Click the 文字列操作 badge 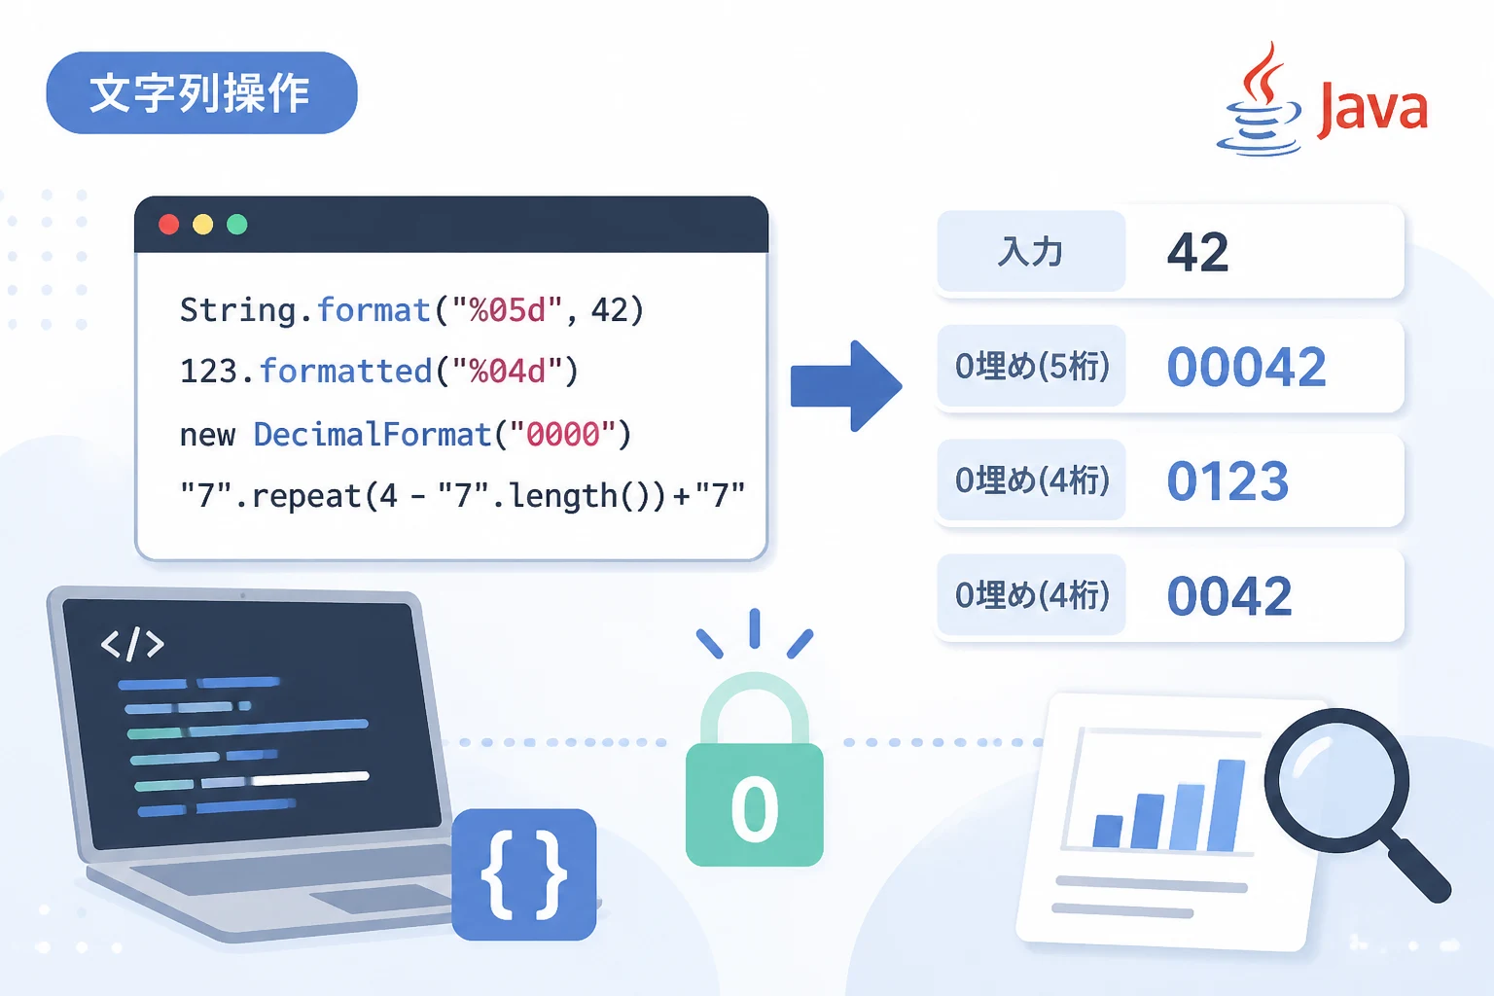click(x=201, y=92)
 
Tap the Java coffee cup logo click(x=1260, y=100)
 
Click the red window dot click(x=168, y=224)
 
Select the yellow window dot click(x=202, y=224)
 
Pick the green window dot click(x=236, y=224)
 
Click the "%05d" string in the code click(x=508, y=309)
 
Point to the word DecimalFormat click(x=373, y=434)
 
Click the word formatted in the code click(x=345, y=371)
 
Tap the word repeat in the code click(x=306, y=496)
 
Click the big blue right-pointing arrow click(x=845, y=385)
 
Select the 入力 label click(x=1030, y=252)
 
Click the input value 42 click(x=1198, y=252)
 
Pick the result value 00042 click(x=1247, y=367)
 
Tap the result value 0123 click(x=1227, y=481)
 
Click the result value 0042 click(x=1229, y=595)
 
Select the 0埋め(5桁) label click(x=1032, y=367)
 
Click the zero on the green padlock click(x=755, y=809)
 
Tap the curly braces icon click(x=523, y=874)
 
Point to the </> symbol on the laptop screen click(x=132, y=644)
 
